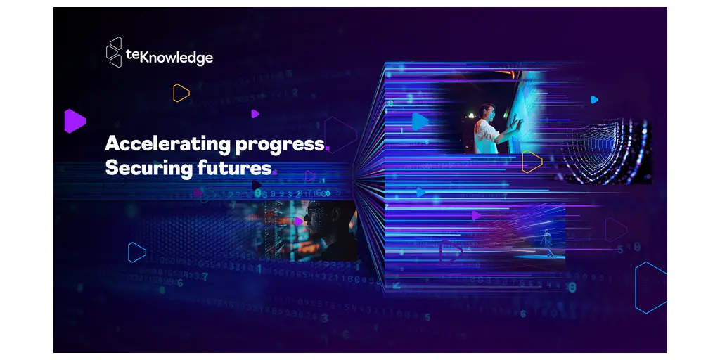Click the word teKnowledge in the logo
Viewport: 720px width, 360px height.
169,58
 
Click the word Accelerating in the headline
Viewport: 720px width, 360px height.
167,144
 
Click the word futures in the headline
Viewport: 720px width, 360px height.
234,168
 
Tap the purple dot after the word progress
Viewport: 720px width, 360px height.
328,149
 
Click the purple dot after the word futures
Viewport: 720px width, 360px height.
275,173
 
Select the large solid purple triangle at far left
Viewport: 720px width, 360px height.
73,121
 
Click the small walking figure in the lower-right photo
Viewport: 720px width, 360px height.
547,243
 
